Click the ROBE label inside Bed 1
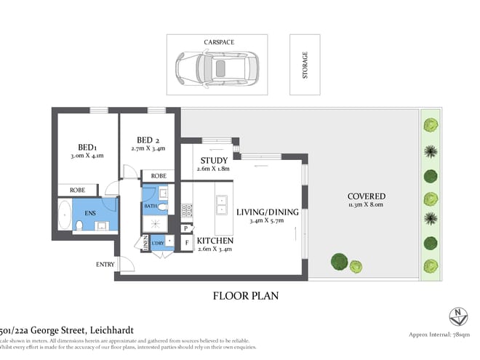point(77,189)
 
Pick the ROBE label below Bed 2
point(158,176)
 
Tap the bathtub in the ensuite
point(65,216)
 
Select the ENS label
point(91,212)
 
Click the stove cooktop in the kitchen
point(186,211)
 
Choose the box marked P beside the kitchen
point(185,228)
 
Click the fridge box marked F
point(187,242)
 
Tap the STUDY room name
point(212,161)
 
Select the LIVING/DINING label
point(267,212)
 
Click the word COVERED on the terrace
point(366,196)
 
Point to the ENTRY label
point(105,264)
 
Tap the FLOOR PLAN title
point(245,296)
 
